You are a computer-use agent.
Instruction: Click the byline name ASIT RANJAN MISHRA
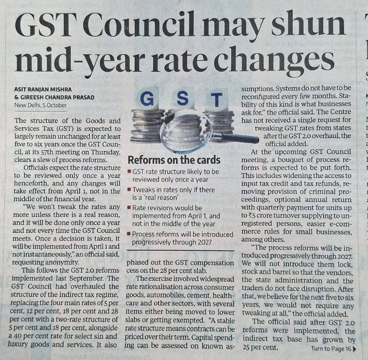pos(43,89)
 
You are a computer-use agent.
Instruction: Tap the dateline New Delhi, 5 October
pos(40,105)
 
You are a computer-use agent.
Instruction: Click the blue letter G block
pos(147,99)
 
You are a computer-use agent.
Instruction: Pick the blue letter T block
pos(217,100)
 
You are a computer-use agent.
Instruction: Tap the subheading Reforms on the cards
pos(174,160)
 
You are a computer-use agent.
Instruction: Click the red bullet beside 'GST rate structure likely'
pos(129,171)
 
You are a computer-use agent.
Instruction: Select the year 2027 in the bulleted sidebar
pos(204,242)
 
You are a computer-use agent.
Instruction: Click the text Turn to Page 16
pos(331,349)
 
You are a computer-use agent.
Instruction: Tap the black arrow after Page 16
pos(354,349)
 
